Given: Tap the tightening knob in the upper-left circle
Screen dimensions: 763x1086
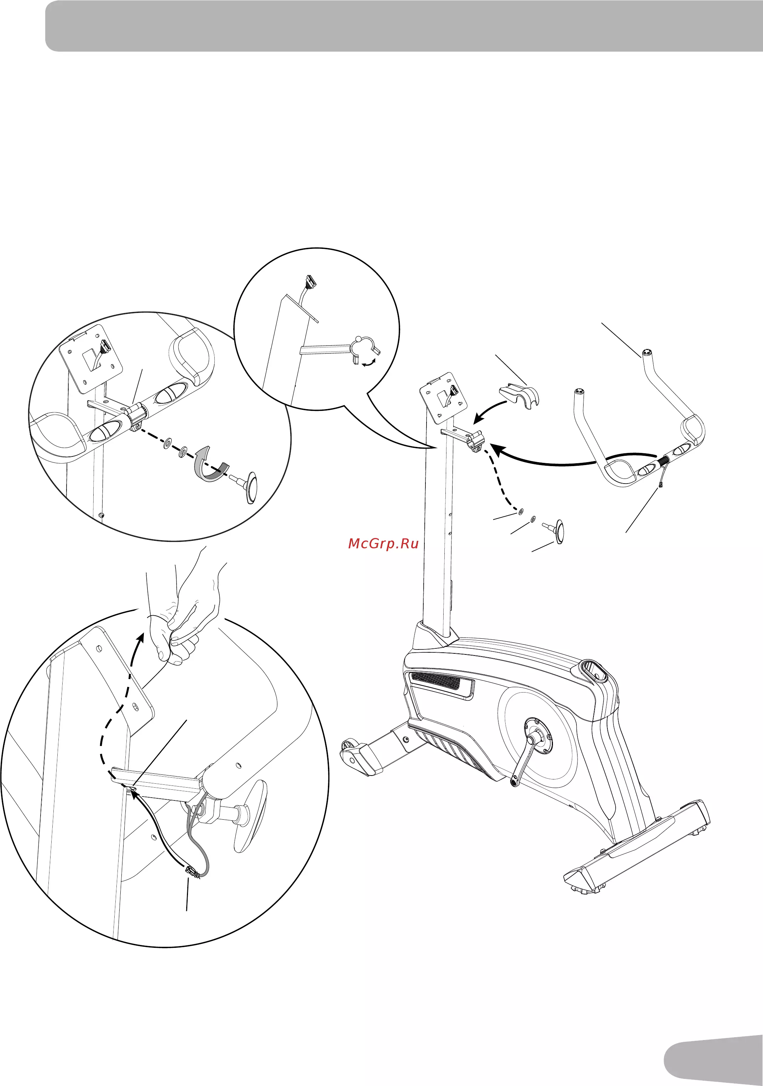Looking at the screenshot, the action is [246, 487].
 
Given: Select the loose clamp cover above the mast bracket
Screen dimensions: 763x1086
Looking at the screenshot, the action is [519, 396].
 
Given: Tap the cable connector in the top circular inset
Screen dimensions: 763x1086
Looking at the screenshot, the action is [309, 282].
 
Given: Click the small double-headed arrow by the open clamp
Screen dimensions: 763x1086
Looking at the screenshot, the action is [368, 363].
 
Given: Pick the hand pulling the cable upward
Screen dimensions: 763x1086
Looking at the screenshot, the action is [184, 615].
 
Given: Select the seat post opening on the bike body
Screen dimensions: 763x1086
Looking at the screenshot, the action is [595, 671].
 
